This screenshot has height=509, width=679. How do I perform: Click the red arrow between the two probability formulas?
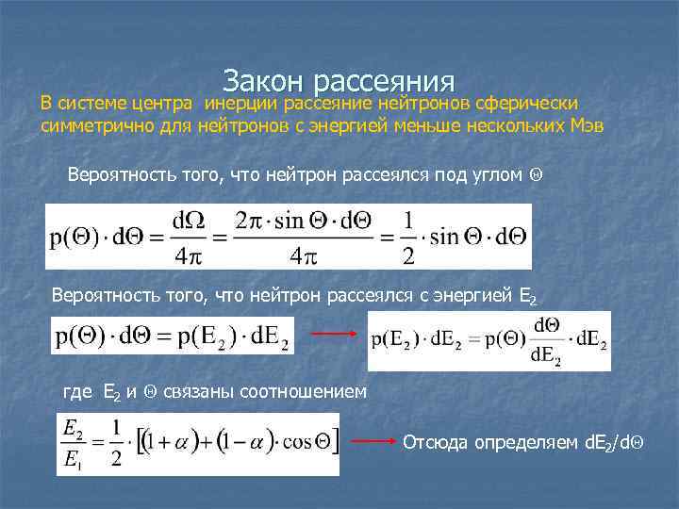point(332,333)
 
